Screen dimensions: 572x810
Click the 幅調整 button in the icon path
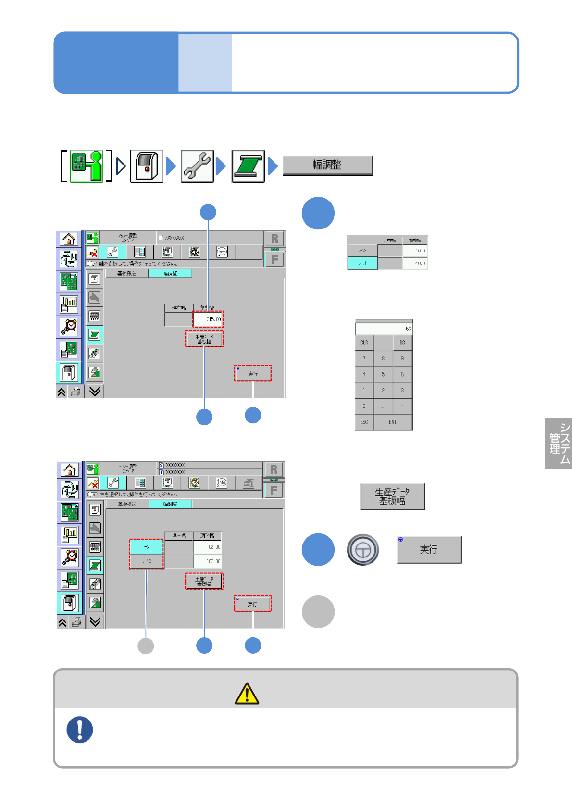327,165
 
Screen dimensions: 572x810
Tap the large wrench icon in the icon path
197,166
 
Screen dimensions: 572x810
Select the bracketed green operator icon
87,166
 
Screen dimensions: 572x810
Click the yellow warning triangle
247,694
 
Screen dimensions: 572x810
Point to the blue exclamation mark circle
80,730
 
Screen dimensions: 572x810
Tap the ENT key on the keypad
393,422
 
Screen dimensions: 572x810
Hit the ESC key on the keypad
364,422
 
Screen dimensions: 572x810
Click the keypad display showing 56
384,329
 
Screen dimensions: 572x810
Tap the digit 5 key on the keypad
383,374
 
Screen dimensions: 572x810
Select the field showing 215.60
208,319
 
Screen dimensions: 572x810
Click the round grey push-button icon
363,549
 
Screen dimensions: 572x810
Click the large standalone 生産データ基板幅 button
392,496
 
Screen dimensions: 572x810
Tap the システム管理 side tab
559,443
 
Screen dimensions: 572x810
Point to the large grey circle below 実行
318,612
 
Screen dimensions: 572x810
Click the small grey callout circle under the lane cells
146,645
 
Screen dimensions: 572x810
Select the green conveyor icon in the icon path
248,166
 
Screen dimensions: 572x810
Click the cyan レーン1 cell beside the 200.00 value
362,263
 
